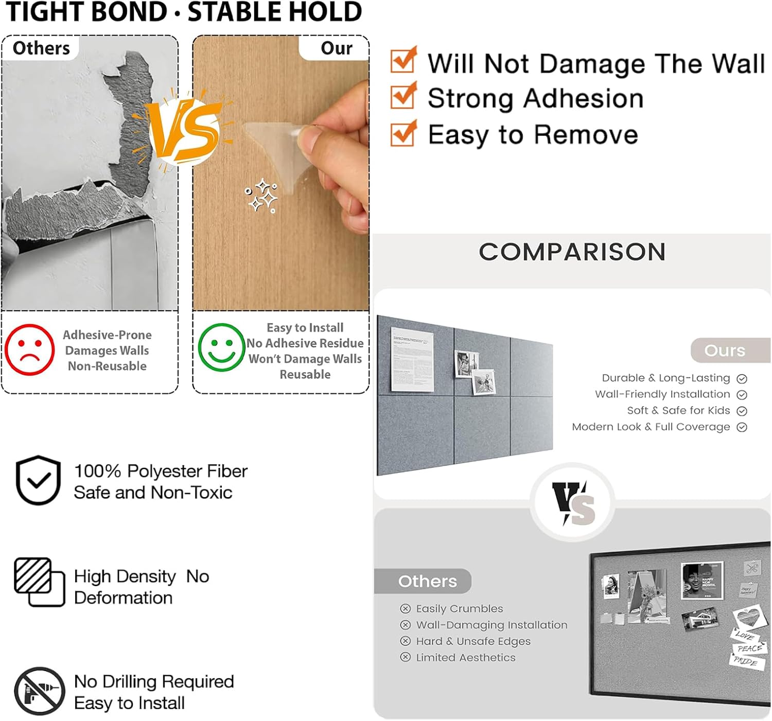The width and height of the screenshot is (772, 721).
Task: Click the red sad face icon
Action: tap(29, 349)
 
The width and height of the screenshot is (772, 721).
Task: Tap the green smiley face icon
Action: tap(221, 347)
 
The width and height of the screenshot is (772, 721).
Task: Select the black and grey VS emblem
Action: tap(573, 503)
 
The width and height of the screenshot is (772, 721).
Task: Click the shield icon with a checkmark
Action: tap(38, 480)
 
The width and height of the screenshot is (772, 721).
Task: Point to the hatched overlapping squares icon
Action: tap(39, 582)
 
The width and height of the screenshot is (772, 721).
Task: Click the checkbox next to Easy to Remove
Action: tap(403, 133)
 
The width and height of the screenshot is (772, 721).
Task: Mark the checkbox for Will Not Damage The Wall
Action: tap(403, 59)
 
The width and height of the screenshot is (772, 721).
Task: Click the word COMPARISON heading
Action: tap(572, 252)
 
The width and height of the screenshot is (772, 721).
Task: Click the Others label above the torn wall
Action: tap(41, 48)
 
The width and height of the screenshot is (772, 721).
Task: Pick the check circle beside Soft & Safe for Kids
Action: tap(742, 411)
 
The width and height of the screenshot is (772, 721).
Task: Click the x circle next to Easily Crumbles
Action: tap(405, 609)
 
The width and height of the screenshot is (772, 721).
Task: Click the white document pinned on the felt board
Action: tap(412, 359)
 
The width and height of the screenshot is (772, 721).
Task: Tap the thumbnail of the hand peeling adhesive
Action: tap(280, 173)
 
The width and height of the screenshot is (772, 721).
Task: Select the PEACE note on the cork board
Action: tap(749, 648)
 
